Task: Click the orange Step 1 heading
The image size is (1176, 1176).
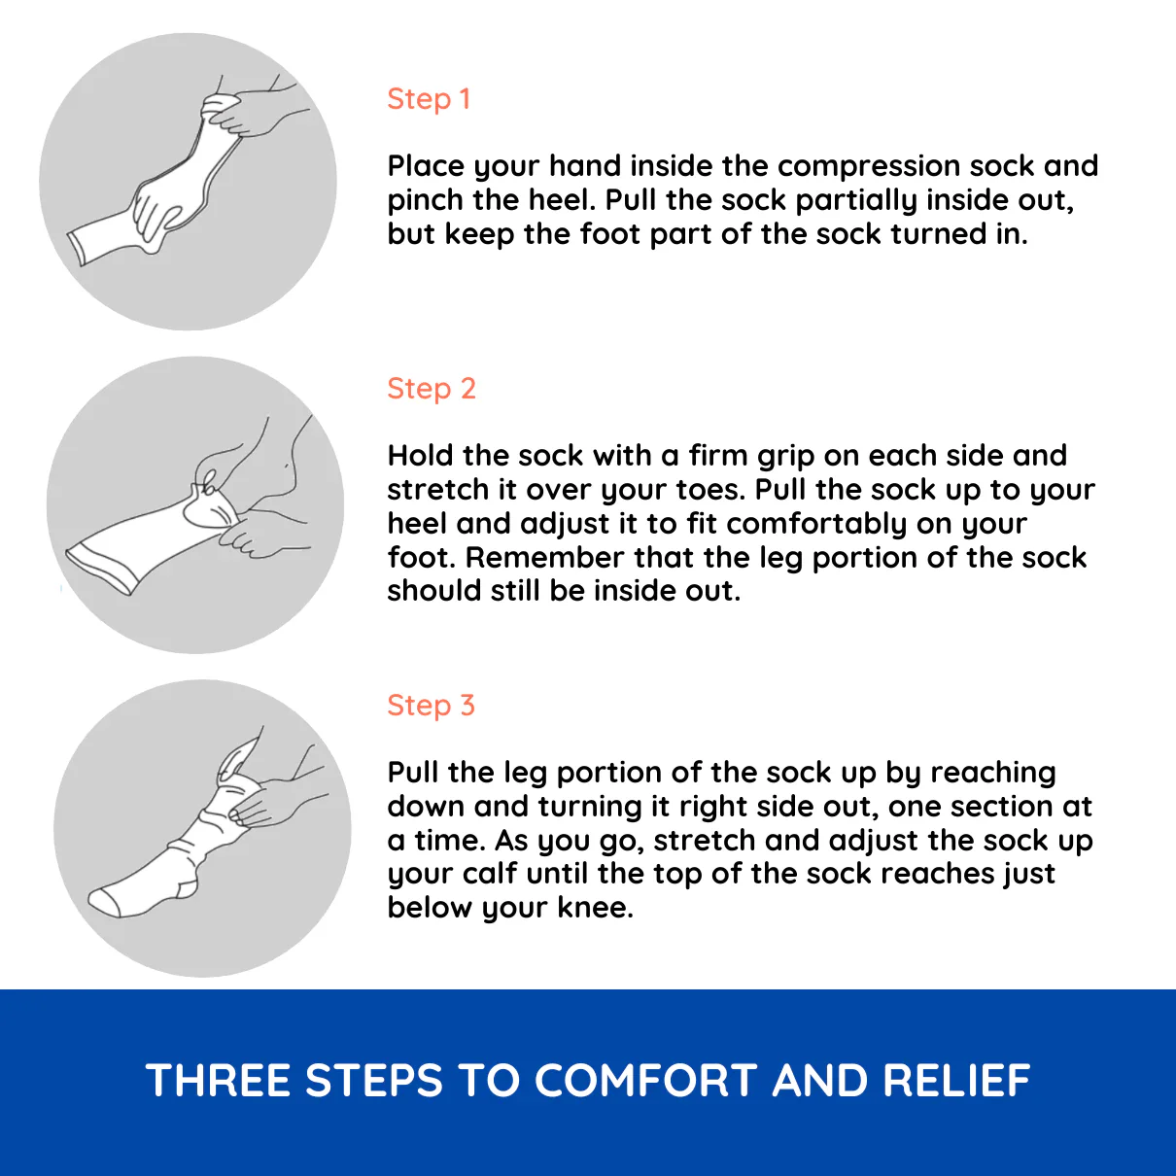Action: (x=429, y=99)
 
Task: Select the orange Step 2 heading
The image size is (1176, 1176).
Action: (x=431, y=388)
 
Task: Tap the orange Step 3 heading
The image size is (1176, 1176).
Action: (x=431, y=705)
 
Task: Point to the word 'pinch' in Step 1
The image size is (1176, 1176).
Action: (x=426, y=201)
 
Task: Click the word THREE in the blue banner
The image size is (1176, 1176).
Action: (x=218, y=1080)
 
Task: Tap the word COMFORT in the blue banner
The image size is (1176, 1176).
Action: (x=645, y=1080)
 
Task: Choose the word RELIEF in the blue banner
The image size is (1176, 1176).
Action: (x=956, y=1080)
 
